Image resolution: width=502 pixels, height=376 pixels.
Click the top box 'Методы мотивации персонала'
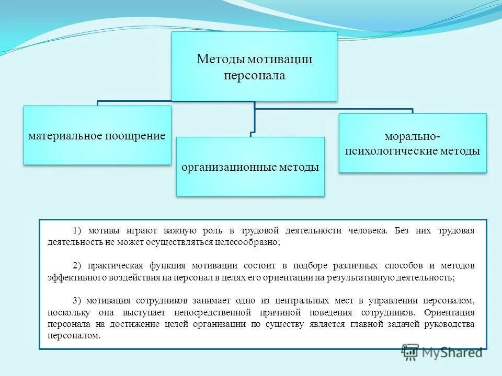click(x=254, y=66)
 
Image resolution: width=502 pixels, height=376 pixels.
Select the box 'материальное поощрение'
click(x=97, y=135)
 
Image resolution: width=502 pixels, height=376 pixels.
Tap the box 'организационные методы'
click(x=250, y=167)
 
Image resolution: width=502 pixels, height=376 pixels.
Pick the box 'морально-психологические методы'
click(x=413, y=144)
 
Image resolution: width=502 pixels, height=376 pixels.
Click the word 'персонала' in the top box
click(x=255, y=76)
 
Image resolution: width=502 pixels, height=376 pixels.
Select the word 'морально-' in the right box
click(x=413, y=137)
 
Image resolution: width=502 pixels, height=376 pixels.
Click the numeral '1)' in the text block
click(x=78, y=230)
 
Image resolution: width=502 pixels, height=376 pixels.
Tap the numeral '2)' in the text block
click(x=78, y=266)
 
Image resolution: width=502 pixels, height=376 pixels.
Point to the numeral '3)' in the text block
click(x=78, y=301)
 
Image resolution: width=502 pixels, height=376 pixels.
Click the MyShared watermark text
click(x=451, y=352)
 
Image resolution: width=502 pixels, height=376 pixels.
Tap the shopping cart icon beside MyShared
click(x=410, y=351)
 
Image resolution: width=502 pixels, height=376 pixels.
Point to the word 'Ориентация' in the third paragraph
click(x=450, y=313)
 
